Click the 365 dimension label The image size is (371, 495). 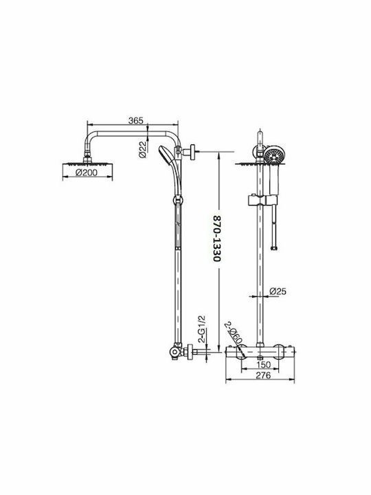tap(136, 120)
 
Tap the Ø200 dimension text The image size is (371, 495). tap(87, 173)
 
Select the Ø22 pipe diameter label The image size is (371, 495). tap(143, 149)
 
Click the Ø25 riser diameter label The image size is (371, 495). tap(278, 291)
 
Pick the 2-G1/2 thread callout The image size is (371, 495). tap(201, 329)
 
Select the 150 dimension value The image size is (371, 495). tap(263, 364)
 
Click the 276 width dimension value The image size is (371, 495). tap(263, 375)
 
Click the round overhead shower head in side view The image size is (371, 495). tap(87, 164)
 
